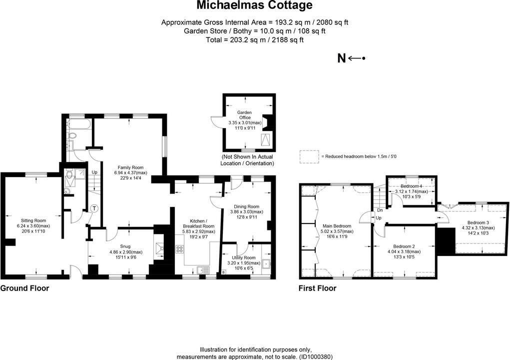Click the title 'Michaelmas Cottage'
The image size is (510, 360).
pyautogui.click(x=254, y=5)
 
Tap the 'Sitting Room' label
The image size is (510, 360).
pyautogui.click(x=33, y=220)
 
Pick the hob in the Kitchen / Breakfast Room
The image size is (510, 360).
pyautogui.click(x=179, y=248)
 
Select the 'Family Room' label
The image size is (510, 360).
pyautogui.click(x=130, y=167)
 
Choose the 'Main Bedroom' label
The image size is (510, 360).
pyautogui.click(x=338, y=225)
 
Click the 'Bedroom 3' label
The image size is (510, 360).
pyautogui.click(x=478, y=222)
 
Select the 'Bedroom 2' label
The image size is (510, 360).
pyautogui.click(x=404, y=246)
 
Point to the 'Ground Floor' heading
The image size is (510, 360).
pyautogui.click(x=24, y=288)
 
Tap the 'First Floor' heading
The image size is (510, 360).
pyautogui.click(x=317, y=288)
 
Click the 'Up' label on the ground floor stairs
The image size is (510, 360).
pyautogui.click(x=94, y=172)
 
